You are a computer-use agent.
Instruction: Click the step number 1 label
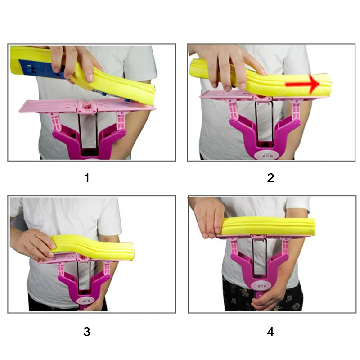[x=87, y=178]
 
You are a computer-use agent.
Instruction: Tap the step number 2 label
[x=270, y=178]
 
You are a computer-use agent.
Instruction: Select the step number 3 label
[x=87, y=332]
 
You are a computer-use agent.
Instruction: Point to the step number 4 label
[x=270, y=332]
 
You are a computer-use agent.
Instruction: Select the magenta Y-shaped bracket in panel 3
[x=85, y=283]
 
